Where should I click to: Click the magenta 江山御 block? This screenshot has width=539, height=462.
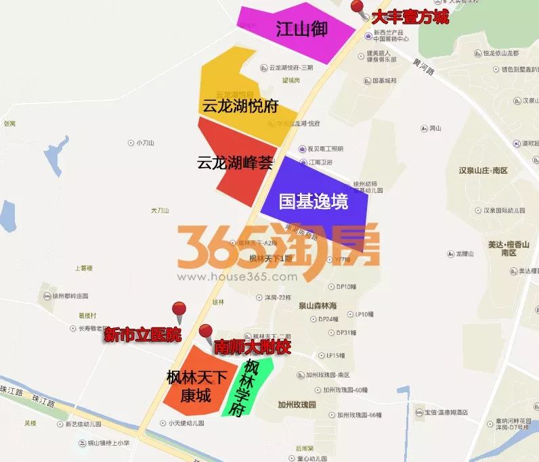293,29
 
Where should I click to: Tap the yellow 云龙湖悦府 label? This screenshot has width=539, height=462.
240,106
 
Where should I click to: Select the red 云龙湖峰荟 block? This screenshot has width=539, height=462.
234,162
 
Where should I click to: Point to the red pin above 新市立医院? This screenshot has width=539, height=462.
179,311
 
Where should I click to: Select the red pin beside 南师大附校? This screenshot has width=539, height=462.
206,332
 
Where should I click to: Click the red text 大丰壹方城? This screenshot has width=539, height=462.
410,17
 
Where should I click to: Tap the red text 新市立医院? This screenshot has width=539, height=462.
143,334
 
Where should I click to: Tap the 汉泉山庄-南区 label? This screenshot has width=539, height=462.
483,170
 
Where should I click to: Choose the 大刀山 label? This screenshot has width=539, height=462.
159,210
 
